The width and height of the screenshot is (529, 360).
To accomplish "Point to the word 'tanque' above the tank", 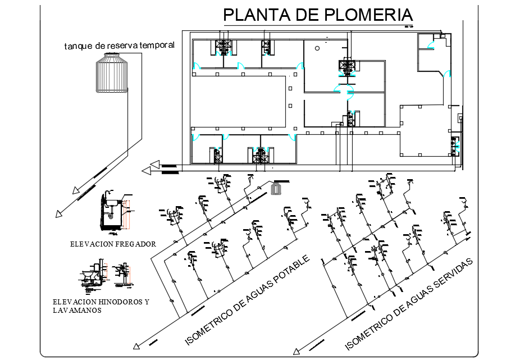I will (x=77, y=45).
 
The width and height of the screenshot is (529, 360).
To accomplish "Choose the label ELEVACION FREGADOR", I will (x=113, y=244).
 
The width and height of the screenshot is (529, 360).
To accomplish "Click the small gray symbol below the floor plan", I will (x=275, y=189).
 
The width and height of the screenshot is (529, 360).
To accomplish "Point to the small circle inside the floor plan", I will (x=317, y=49).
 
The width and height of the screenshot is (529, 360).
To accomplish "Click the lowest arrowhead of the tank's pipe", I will (x=58, y=213).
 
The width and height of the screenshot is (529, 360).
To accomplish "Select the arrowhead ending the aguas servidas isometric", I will (x=295, y=353).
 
